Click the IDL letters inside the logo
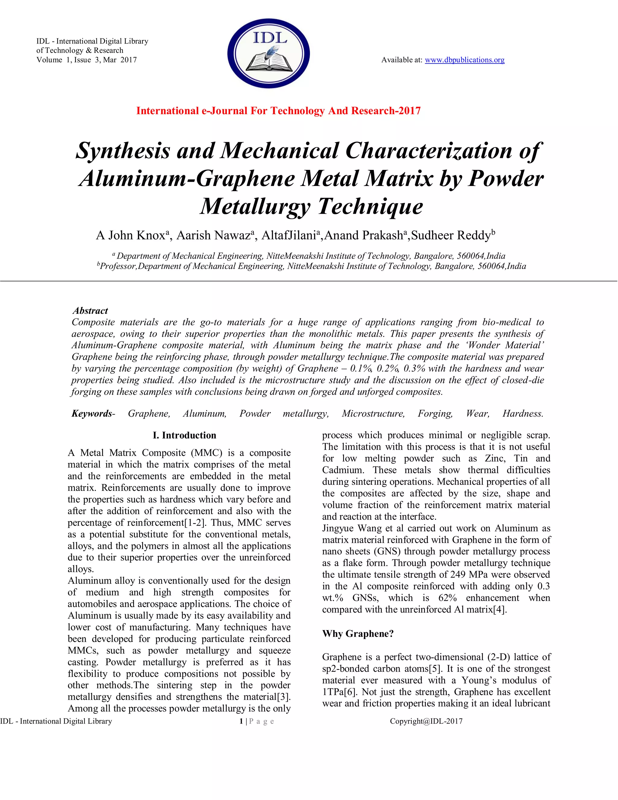point(270,38)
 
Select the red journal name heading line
point(278,110)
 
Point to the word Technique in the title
point(370,206)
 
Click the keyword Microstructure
point(373,414)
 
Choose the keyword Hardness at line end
point(522,414)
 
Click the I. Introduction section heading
point(184,435)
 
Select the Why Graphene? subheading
point(358,633)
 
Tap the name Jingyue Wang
point(349,528)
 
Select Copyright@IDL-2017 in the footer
point(426,721)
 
